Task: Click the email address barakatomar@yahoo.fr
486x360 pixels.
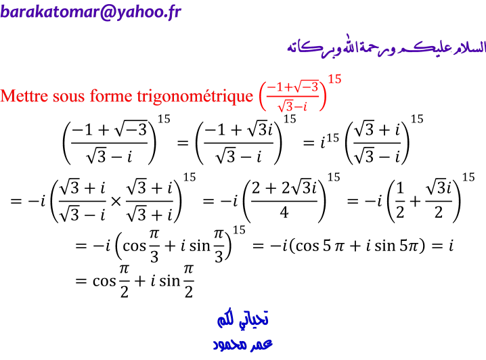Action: point(91,12)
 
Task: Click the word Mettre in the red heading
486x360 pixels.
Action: point(24,95)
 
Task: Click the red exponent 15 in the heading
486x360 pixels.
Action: point(335,79)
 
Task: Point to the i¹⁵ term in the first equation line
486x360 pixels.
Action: point(330,141)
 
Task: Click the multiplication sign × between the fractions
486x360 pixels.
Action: point(116,202)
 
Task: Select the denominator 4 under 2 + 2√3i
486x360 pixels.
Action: point(284,212)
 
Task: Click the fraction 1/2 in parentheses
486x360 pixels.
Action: point(400,200)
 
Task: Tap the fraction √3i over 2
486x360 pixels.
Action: point(439,200)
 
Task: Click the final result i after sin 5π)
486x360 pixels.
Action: point(451,246)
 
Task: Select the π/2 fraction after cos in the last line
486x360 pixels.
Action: point(124,281)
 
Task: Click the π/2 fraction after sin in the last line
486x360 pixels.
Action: point(188,281)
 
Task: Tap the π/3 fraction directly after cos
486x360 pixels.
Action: point(154,246)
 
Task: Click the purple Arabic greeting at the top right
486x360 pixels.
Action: point(386,47)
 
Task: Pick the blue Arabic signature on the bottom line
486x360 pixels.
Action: point(242,344)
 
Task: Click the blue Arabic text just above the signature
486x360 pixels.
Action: point(242,319)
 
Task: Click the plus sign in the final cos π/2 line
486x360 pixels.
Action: point(140,282)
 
